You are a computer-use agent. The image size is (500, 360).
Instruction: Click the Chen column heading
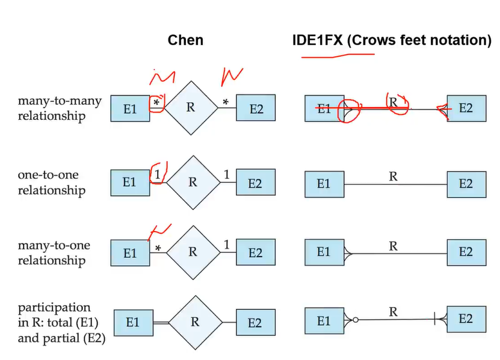185,40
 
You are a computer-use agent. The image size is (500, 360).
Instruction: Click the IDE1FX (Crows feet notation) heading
392,40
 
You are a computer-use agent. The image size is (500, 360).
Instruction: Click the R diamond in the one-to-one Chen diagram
193,182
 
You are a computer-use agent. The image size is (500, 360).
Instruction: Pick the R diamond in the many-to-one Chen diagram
193,252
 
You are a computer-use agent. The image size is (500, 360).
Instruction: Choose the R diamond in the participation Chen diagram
194,321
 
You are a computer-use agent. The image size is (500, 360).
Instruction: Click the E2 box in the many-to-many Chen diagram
256,108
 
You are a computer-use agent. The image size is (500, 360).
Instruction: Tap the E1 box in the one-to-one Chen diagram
130,182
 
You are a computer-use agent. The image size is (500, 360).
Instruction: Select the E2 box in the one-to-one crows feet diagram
466,184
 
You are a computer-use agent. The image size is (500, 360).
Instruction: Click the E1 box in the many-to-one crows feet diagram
324,252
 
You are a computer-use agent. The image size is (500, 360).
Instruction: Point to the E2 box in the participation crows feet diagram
466,319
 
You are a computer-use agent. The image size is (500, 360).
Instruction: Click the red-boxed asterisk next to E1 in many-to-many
157,103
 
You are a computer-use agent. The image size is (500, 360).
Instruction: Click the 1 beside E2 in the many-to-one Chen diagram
226,244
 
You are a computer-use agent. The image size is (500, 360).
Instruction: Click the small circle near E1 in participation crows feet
356,320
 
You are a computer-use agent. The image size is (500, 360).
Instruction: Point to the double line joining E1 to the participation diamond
159,323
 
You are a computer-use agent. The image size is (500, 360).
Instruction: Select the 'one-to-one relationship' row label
51,182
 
